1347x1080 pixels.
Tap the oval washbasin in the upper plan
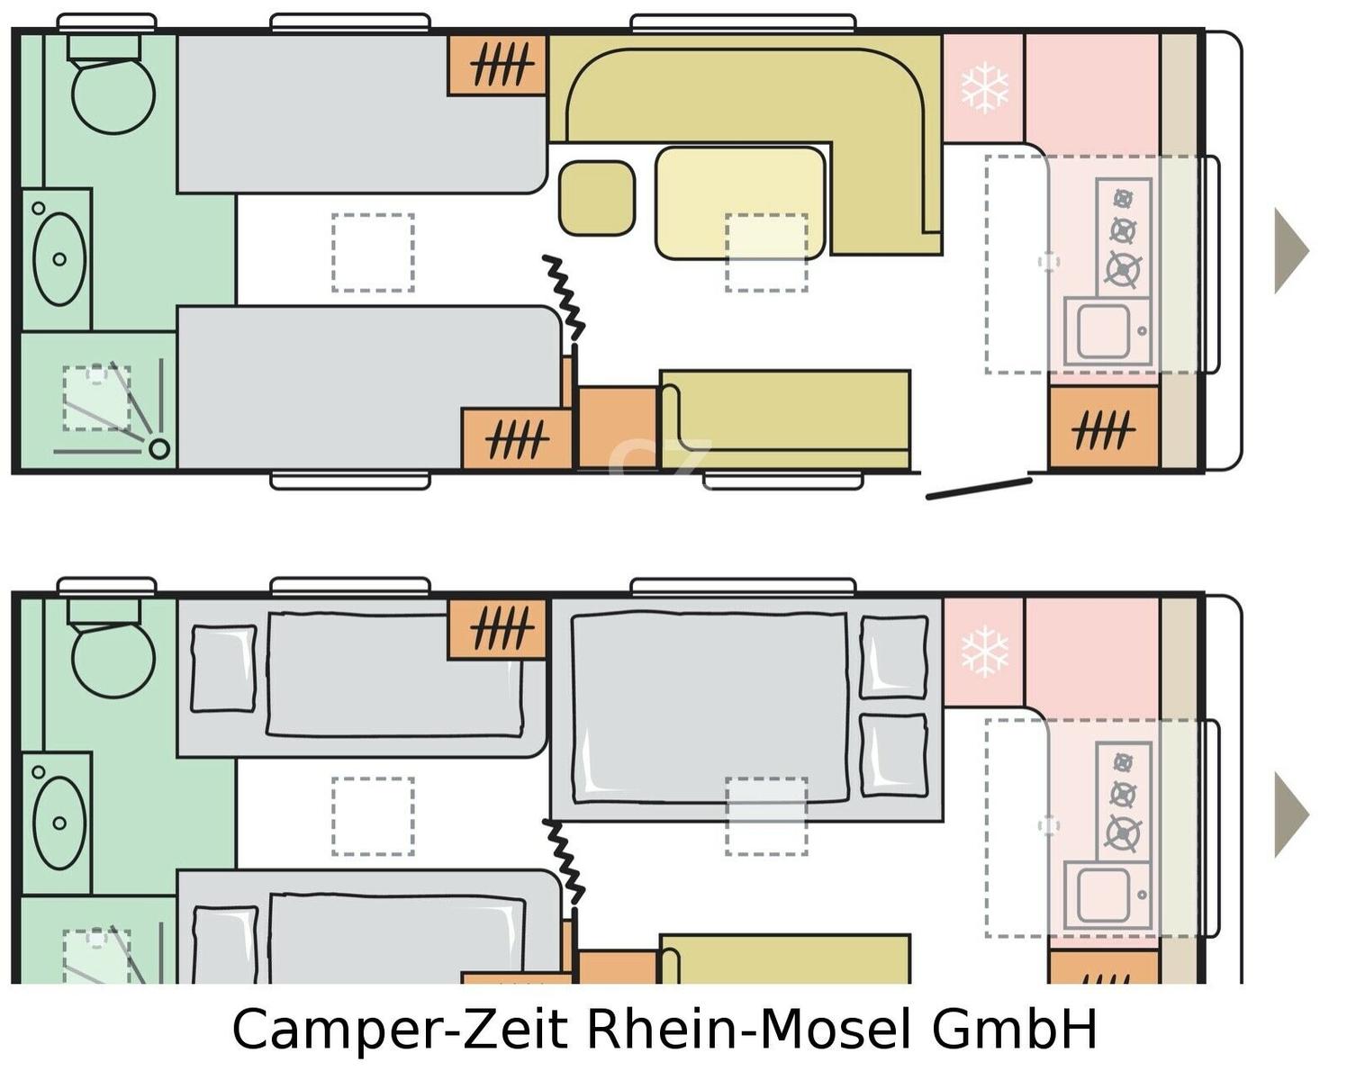pos(59,259)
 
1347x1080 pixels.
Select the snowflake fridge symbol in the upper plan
pos(984,87)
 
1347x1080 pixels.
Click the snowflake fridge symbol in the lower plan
pos(984,651)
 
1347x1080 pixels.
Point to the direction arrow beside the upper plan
pos(1290,251)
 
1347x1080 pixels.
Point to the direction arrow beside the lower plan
pos(1290,814)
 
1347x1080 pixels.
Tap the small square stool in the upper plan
pos(597,198)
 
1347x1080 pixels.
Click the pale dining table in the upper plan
pos(740,202)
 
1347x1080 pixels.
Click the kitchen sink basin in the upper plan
pos(1104,331)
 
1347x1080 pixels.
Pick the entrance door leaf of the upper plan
pos(979,489)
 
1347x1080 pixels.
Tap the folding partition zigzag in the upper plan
pos(564,298)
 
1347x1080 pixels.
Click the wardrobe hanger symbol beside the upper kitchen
pos(1104,430)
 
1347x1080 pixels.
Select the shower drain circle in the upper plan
pos(159,448)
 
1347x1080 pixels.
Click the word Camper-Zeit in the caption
pos(400,1029)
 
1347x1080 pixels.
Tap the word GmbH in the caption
pos(1015,1028)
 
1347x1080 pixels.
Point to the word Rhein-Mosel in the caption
pos(748,1028)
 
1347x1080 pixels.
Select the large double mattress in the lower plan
pos(710,707)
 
